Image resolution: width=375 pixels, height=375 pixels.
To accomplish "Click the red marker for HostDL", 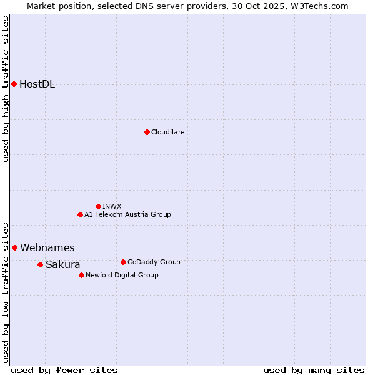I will coord(14,84).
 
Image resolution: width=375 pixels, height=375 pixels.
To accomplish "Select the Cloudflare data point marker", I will coord(147,132).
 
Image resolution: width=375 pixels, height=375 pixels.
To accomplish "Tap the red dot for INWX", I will coord(98,206).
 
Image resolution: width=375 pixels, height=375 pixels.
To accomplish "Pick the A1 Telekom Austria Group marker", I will coord(80,214).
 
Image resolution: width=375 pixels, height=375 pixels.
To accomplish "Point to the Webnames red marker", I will coord(14,247).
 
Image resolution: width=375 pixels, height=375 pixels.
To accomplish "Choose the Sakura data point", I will coord(40,264).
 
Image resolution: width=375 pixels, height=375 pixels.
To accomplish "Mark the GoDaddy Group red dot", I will coord(123,262).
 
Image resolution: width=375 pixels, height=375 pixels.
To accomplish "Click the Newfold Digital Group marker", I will coord(81,275).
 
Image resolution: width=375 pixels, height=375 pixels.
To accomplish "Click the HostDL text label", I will coord(37,84).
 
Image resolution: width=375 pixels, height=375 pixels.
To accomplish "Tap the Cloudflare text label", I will coord(167,132).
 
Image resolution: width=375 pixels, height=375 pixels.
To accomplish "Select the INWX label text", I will coord(112,206).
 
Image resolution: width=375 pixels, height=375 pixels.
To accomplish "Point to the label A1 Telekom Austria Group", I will coord(127,214).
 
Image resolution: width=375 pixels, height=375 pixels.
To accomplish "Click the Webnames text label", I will coord(47,248).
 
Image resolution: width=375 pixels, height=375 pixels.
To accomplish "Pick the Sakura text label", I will coord(63,265).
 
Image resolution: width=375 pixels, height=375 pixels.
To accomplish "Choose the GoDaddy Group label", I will coord(154,262).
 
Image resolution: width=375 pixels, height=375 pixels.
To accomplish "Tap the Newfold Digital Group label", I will coord(122,275).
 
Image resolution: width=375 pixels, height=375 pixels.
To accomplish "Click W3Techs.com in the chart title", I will coord(322,6).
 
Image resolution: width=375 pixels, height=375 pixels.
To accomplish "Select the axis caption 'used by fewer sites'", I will coord(64,370).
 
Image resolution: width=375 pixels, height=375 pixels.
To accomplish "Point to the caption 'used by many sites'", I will coord(314,370).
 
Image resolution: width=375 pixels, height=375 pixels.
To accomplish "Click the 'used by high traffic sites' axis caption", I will coord(6,89).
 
